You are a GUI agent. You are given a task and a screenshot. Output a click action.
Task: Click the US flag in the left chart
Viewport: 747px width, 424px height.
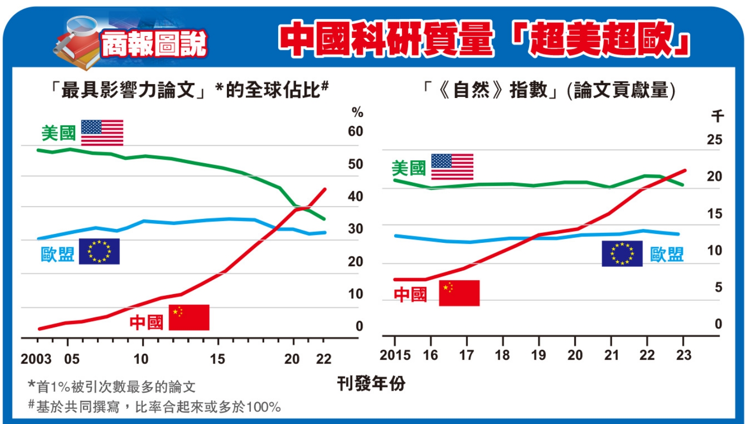point(102,132)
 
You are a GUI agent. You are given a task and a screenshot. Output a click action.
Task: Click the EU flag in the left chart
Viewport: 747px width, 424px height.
point(99,251)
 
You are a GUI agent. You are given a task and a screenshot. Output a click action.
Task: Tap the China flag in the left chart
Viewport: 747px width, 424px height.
point(189,318)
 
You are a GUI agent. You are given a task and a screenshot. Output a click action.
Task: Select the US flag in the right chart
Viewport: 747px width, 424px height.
point(452,167)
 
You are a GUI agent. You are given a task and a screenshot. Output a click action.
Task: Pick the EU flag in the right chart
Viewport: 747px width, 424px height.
point(622,253)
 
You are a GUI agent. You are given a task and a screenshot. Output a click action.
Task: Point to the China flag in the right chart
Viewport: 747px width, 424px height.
point(459,293)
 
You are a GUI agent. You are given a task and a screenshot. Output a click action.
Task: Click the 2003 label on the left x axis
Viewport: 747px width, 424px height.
point(36,359)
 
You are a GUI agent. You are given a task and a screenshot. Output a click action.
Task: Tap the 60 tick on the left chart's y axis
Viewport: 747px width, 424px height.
point(355,131)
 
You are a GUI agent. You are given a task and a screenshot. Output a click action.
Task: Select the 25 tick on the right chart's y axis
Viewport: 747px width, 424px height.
point(714,140)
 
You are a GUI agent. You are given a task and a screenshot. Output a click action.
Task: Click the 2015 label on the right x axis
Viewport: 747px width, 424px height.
point(395,355)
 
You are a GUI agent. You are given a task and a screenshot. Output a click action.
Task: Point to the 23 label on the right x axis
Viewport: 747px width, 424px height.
point(684,355)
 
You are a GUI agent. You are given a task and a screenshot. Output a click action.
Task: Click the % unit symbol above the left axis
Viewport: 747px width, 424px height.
point(357,112)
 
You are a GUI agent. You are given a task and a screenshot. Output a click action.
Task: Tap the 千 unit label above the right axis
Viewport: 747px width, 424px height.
point(717,116)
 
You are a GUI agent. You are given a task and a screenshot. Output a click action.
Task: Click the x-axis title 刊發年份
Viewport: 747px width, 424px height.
point(371,384)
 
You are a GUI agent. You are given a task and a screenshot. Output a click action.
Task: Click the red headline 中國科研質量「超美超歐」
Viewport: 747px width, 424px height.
point(484,39)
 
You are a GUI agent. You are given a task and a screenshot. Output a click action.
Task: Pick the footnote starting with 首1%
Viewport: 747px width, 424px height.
point(112,387)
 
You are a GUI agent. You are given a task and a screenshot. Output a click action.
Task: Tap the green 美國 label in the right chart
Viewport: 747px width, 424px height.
point(409,168)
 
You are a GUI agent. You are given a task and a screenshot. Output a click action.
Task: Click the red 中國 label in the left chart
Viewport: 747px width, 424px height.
point(146,322)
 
